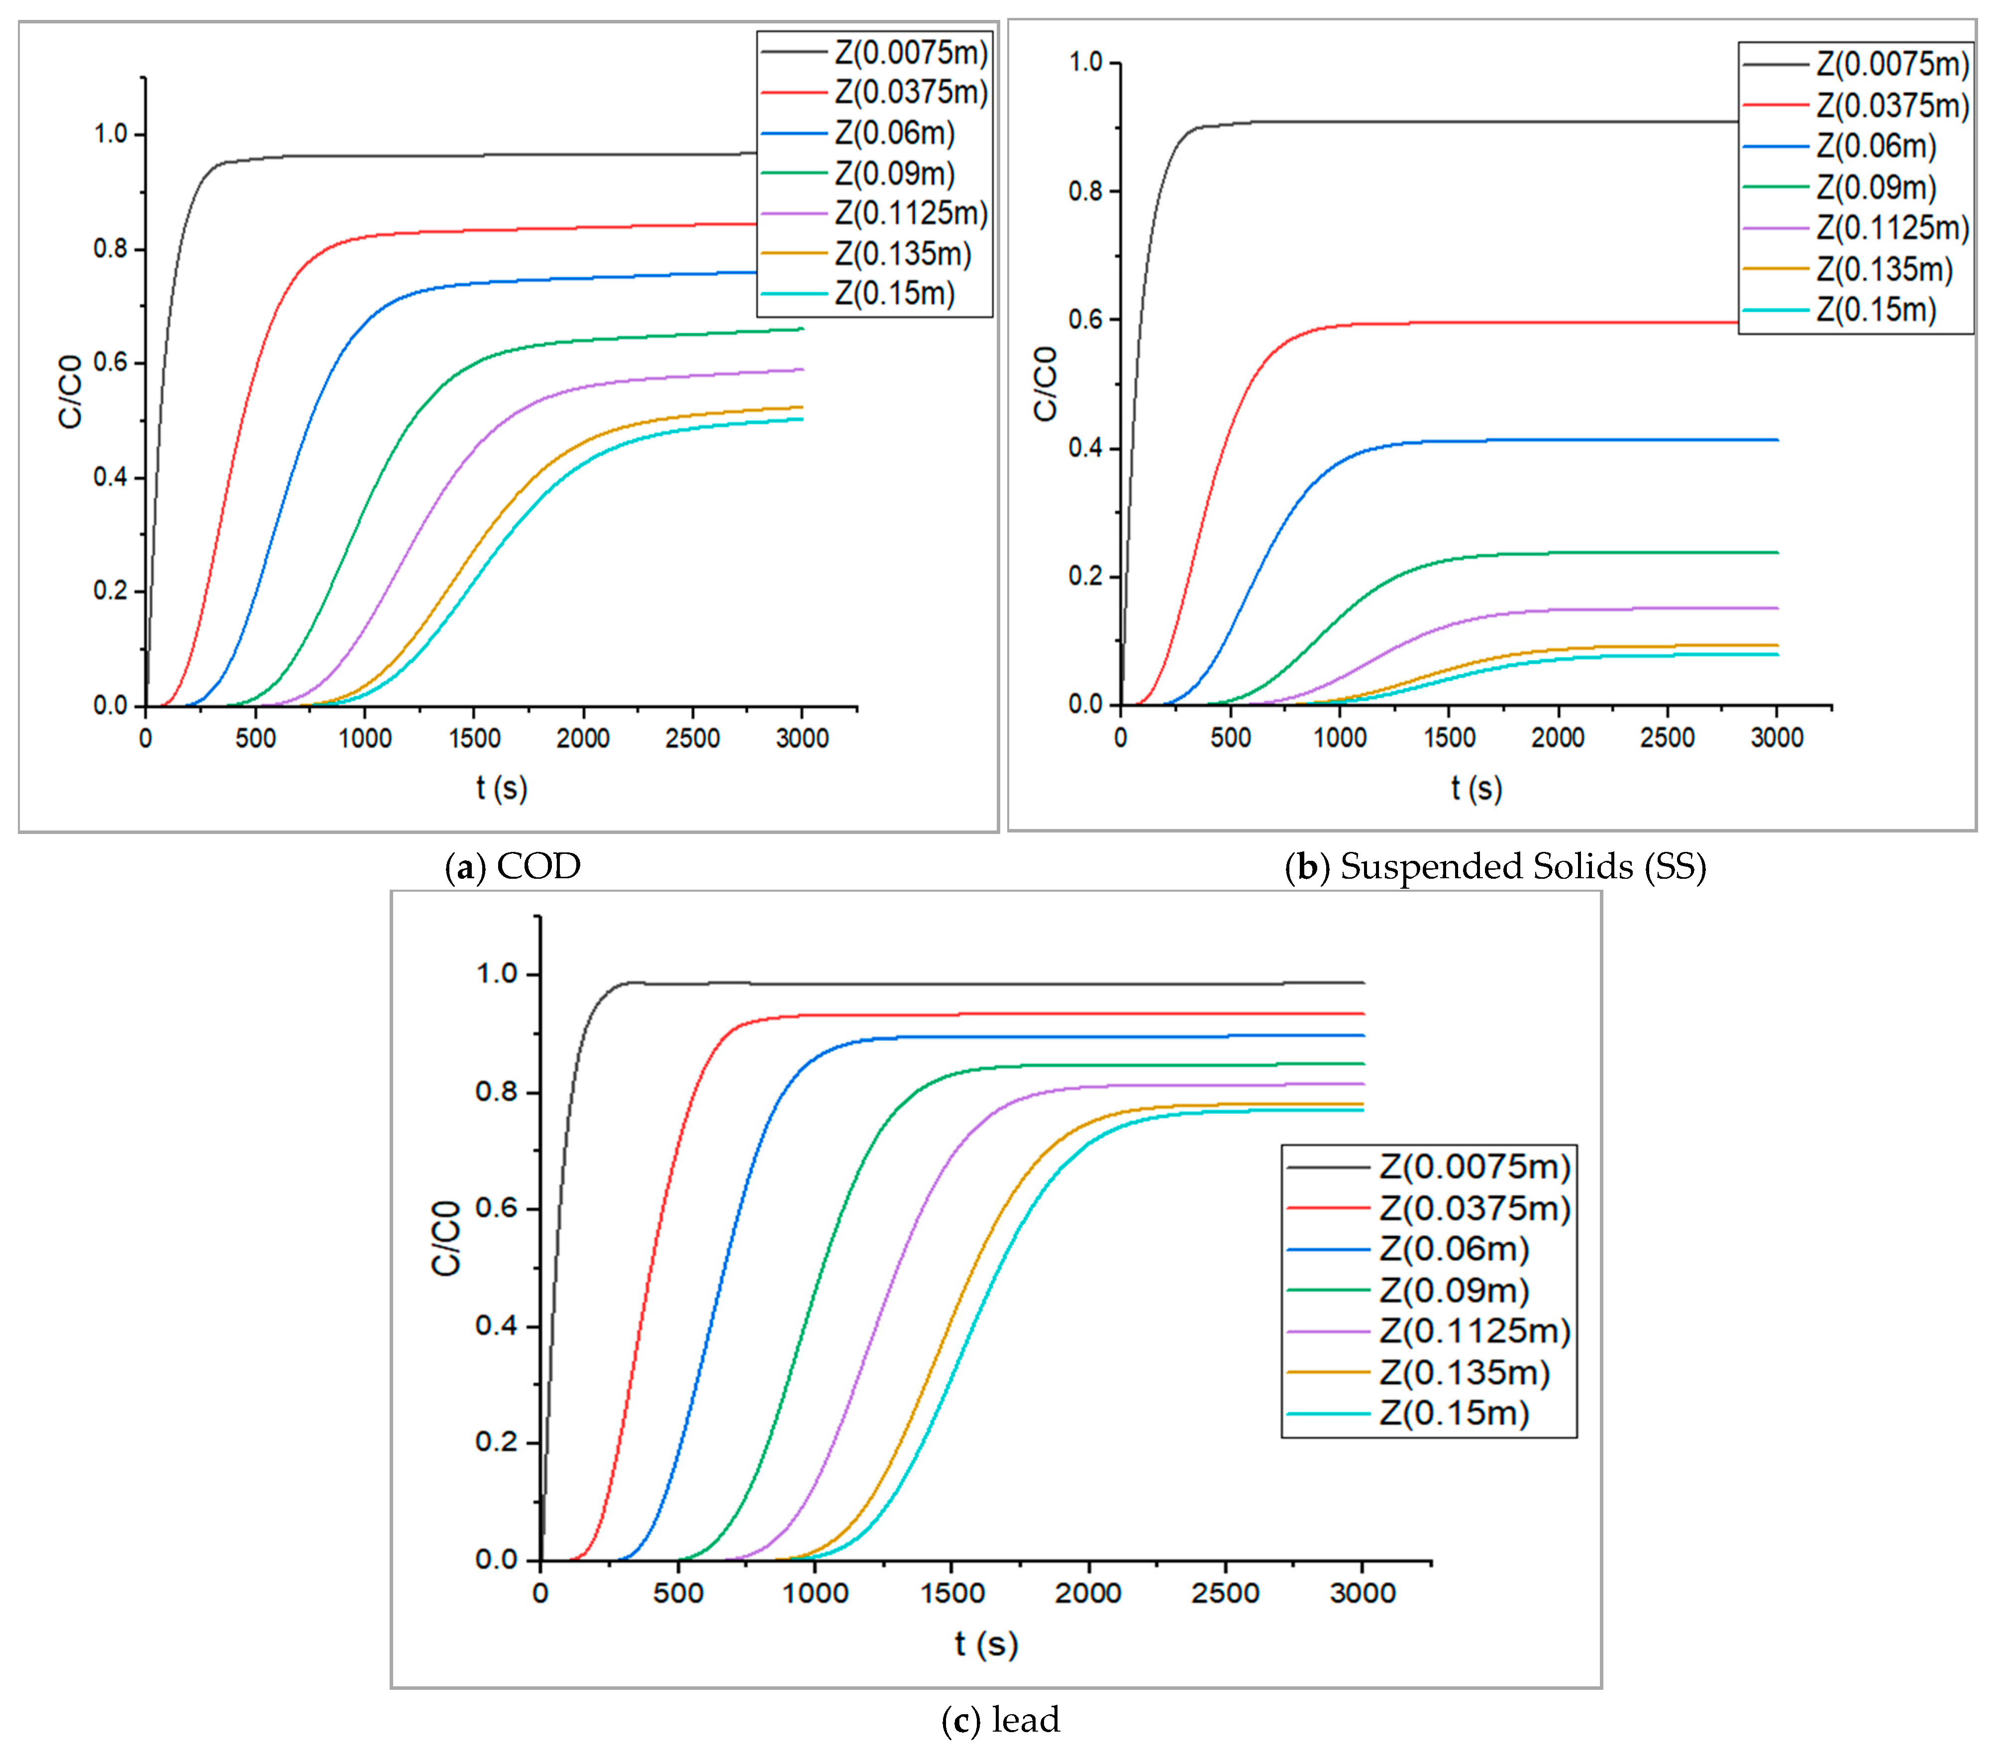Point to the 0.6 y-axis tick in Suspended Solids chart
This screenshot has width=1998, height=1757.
click(x=1085, y=319)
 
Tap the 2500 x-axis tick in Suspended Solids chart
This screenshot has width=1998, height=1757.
click(x=1667, y=738)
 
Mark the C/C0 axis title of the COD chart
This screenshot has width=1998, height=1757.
click(x=70, y=391)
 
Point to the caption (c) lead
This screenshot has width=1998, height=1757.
click(x=1000, y=1720)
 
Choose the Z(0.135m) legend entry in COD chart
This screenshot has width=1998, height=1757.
click(x=902, y=254)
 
